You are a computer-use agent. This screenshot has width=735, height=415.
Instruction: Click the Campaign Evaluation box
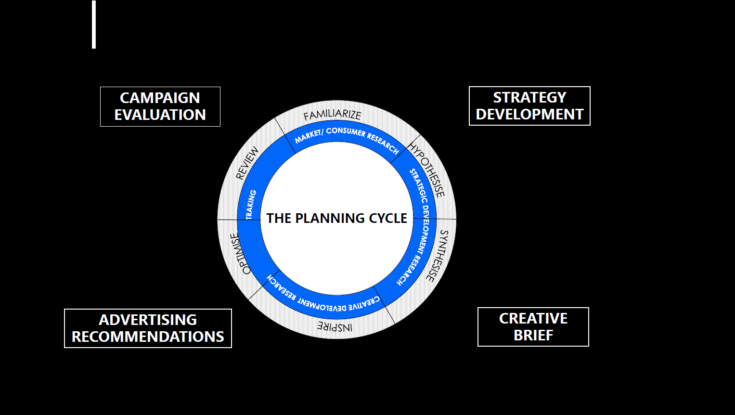[160, 106]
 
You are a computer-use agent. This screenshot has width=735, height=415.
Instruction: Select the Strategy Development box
[529, 106]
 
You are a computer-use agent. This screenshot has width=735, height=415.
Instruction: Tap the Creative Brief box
[533, 327]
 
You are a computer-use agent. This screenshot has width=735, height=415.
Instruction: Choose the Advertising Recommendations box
[148, 328]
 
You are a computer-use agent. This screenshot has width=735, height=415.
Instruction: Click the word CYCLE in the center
[388, 219]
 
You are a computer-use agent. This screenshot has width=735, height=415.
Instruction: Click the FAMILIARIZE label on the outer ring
[332, 115]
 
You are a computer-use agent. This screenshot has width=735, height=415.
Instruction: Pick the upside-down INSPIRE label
[335, 327]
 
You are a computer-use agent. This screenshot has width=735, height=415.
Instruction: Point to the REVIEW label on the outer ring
[247, 163]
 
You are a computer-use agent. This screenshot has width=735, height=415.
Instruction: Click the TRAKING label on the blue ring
[251, 205]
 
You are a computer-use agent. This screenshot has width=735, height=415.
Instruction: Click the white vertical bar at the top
[94, 24]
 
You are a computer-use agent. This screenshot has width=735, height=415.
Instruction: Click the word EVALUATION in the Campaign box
[160, 115]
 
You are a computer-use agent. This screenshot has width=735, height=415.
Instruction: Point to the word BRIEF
[533, 336]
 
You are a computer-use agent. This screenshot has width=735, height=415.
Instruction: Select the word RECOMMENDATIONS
[148, 337]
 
